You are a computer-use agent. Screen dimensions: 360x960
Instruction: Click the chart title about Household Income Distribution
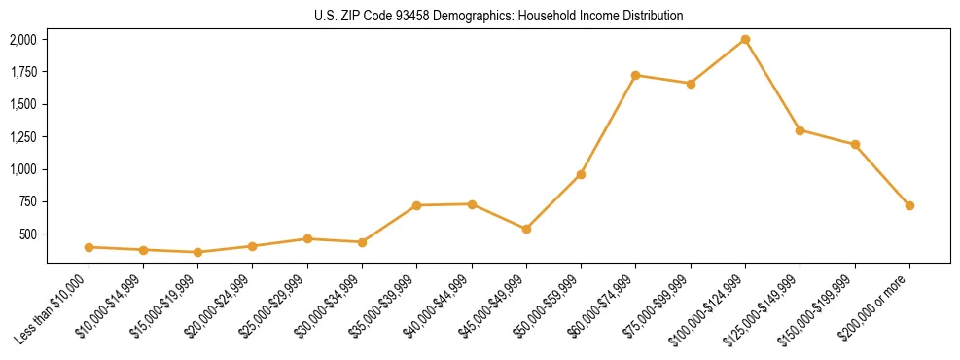tap(498, 16)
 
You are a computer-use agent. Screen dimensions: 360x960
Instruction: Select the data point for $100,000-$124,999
tap(745, 39)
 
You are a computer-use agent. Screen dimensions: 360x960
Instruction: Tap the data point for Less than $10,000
tap(89, 247)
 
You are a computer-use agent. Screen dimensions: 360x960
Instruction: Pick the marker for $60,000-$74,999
tap(635, 75)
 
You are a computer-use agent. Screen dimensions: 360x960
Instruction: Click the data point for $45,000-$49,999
tap(526, 229)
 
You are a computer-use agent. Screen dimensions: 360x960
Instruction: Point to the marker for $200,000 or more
tap(909, 205)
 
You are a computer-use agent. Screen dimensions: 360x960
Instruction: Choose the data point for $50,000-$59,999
tap(581, 174)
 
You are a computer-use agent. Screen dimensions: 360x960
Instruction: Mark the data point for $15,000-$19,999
tap(197, 252)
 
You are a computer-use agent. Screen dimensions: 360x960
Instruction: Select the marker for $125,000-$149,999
tap(800, 129)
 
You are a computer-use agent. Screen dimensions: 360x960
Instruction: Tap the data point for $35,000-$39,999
tap(416, 205)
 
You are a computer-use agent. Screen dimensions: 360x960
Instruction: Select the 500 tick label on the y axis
tap(28, 234)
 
